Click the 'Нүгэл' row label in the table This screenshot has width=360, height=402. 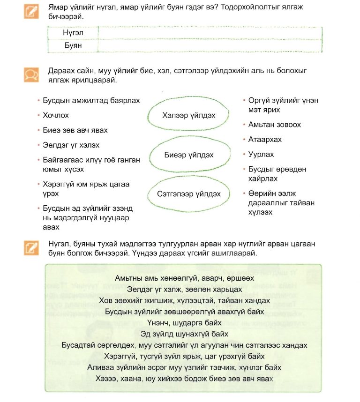pos(72,33)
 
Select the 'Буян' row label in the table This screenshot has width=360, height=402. pos(72,45)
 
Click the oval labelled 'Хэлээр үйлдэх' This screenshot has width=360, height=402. pos(189,115)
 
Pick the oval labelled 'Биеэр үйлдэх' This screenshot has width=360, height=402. pos(189,155)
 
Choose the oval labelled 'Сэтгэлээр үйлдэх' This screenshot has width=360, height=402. pos(189,194)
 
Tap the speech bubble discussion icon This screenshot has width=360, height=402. pos(31,75)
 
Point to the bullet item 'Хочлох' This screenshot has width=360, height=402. pos(56,115)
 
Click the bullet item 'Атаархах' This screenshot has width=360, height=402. pos(265,140)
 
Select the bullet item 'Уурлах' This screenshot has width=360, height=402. pos(261,155)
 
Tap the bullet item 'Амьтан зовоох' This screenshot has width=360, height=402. pos(274,125)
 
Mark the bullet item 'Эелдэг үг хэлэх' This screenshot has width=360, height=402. pos(71,145)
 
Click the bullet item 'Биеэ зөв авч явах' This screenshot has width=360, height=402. pos(75,130)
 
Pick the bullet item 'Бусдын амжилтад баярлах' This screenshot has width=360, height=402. pos(91,100)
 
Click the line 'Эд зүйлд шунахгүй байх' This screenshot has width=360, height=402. pos(184,334)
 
